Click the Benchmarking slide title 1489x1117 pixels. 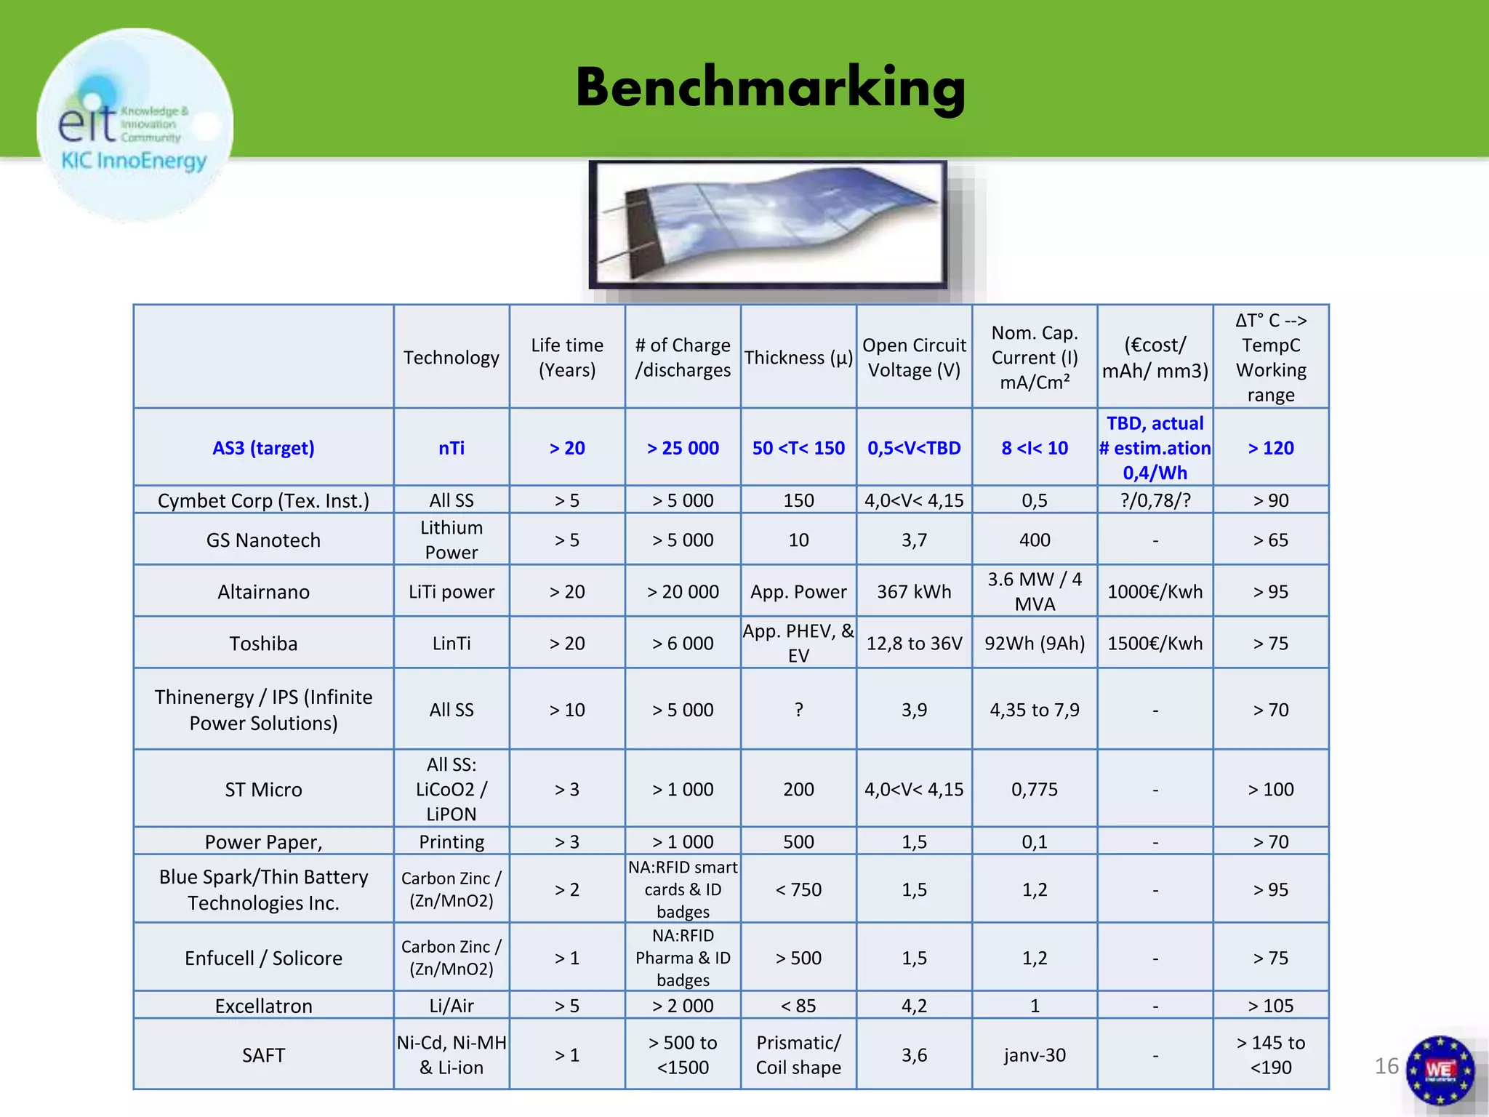pos(771,87)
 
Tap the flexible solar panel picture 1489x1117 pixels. pos(768,224)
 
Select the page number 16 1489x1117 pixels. pos(1386,1066)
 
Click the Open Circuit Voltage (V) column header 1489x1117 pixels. pos(914,357)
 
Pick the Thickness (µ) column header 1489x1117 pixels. pos(798,357)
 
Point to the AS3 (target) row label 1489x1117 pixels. pos(263,448)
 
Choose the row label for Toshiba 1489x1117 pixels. pos(263,644)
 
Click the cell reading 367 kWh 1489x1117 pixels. pos(914,592)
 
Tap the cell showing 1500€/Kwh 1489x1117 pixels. pos(1155,644)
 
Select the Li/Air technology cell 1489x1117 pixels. pos(451,1006)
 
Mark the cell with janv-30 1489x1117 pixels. pos(1035,1055)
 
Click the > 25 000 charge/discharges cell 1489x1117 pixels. pos(683,448)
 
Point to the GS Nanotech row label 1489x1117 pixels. pos(263,540)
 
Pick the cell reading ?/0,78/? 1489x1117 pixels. pos(1155,500)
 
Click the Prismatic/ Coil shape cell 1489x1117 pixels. pos(798,1055)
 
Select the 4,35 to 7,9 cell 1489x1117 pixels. pos(1035,710)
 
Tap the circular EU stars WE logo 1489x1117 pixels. pos(1440,1070)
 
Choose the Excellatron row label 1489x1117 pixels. pos(263,1006)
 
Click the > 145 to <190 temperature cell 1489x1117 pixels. pos(1271,1055)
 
